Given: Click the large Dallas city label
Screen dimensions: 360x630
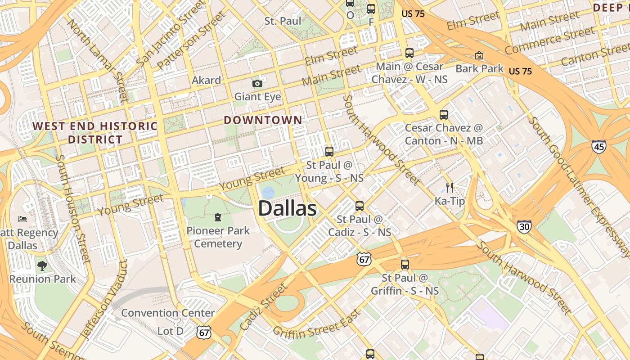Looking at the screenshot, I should pyautogui.click(x=287, y=209).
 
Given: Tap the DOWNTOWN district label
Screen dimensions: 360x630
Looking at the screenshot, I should pyautogui.click(x=263, y=120).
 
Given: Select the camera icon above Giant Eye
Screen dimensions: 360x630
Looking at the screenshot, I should pyautogui.click(x=257, y=83).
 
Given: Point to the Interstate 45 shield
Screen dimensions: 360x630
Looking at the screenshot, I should pyautogui.click(x=599, y=146).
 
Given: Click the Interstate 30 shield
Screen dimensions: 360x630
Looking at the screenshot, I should pyautogui.click(x=524, y=226).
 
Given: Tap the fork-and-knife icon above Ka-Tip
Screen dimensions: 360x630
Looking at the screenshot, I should pyautogui.click(x=450, y=187).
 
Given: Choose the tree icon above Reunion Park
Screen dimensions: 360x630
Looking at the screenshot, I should pyautogui.click(x=42, y=265).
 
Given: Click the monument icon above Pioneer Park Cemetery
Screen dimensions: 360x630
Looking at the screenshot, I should pyautogui.click(x=218, y=217).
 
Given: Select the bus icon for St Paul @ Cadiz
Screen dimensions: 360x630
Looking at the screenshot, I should pyautogui.click(x=359, y=206).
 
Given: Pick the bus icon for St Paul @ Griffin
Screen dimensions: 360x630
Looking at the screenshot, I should pyautogui.click(x=405, y=265).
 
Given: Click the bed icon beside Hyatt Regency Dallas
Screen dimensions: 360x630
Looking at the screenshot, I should pyautogui.click(x=22, y=219).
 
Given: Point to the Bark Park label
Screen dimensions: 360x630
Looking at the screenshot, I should pyautogui.click(x=479, y=68).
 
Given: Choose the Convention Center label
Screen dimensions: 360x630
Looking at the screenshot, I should pyautogui.click(x=168, y=313).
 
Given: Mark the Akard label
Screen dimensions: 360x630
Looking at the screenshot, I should pyautogui.click(x=206, y=81).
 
